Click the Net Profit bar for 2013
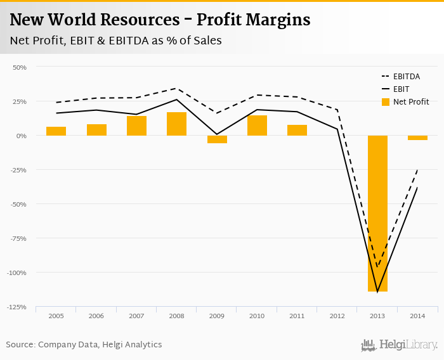coord(377,213)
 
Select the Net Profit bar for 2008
coord(176,124)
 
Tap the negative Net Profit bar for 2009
coord(217,139)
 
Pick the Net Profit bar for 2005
coord(56,131)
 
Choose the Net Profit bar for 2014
coord(417,138)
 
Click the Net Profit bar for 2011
coord(297,130)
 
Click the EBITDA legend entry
coord(407,77)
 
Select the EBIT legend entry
coord(401,89)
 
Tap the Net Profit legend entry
coord(410,102)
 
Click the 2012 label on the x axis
coord(337,316)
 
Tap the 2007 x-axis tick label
coord(136,316)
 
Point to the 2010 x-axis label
coord(257,316)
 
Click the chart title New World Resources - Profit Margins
coord(160,20)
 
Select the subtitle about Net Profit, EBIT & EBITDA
coord(115,41)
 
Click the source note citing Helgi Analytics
coord(84,345)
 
